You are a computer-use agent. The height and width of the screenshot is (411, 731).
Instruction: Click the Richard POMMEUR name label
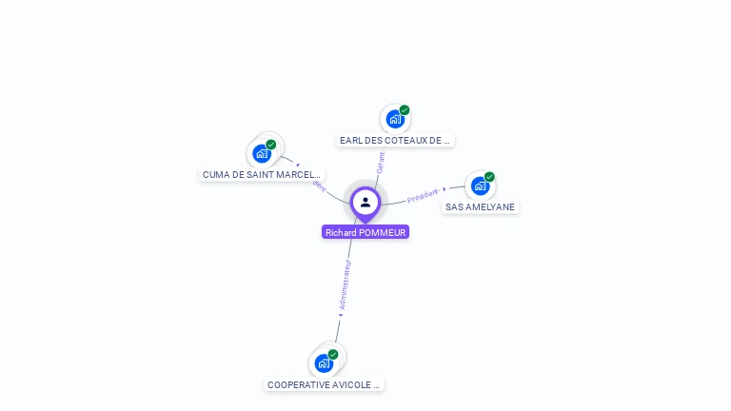(x=365, y=232)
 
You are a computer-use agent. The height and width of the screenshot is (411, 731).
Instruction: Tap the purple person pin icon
(x=365, y=203)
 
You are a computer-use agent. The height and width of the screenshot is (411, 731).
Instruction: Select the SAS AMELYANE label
(x=481, y=206)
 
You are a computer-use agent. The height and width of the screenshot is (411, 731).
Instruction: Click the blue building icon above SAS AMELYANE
(x=480, y=186)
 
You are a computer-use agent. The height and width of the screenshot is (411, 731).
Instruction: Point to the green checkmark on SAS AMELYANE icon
(x=489, y=177)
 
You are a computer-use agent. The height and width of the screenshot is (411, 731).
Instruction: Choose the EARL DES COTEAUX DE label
(x=394, y=140)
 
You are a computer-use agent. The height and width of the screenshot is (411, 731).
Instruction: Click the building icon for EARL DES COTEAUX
(x=394, y=119)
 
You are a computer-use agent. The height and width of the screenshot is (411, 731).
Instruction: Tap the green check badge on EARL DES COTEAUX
(x=405, y=110)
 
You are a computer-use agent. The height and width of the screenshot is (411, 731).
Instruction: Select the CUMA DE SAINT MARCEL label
(x=262, y=174)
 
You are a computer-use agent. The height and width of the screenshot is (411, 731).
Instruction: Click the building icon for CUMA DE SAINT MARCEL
(x=261, y=153)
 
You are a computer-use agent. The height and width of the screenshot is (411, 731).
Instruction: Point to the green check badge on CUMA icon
(x=271, y=145)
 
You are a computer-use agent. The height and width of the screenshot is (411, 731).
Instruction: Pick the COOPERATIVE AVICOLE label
(x=324, y=384)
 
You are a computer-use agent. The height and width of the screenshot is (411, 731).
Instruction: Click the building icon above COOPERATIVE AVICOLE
(x=324, y=363)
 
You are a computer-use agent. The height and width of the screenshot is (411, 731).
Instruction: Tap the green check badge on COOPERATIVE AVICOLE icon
(x=333, y=355)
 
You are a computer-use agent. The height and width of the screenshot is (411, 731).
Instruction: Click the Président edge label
(x=423, y=196)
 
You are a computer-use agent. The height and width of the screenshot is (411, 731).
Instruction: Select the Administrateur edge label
(x=346, y=283)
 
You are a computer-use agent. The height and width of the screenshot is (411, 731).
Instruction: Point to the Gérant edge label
(x=380, y=162)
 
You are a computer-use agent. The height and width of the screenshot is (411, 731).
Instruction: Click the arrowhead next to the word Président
(x=445, y=189)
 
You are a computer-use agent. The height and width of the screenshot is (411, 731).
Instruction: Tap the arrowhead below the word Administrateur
(x=340, y=313)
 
